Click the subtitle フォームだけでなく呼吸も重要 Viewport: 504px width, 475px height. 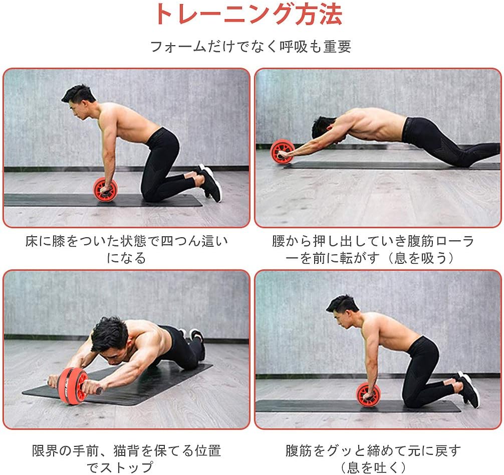[251, 47]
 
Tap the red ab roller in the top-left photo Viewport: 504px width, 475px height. [105, 188]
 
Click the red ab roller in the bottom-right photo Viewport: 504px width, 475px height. [368, 394]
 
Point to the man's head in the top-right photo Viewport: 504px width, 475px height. [323, 127]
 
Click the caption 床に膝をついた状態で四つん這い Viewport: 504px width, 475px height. [126, 242]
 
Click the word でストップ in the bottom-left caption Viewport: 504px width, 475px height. [126, 467]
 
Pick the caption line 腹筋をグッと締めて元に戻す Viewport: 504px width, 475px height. [373, 450]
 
